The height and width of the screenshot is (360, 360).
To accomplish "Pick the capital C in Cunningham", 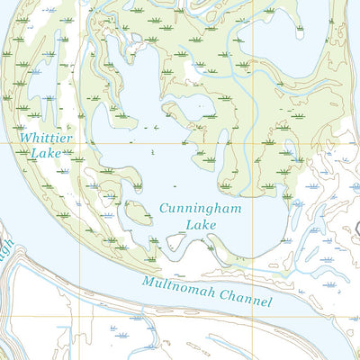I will pyautogui.click(x=164, y=208).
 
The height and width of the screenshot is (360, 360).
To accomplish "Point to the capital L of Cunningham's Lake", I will pyautogui.click(x=188, y=225).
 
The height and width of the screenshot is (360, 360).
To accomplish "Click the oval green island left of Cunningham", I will pyautogui.click(x=138, y=212).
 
